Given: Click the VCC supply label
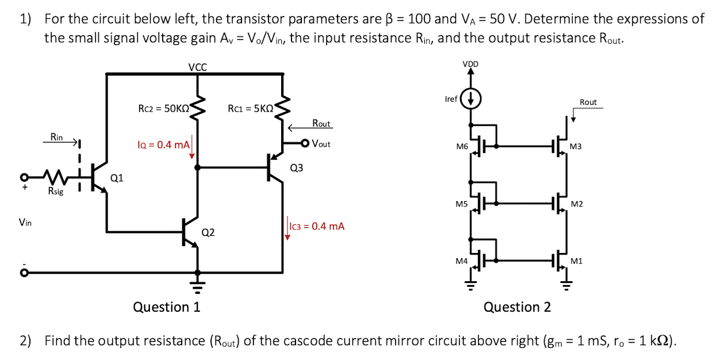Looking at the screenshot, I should pos(198,67).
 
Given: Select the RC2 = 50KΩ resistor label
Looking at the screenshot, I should pos(164,108).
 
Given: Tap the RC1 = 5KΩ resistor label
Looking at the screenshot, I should pos(251,108).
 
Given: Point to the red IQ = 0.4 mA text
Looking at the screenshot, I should pos(163,144).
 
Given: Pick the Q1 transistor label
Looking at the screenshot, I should pos(116,178).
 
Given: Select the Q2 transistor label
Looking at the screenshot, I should pos(208,232).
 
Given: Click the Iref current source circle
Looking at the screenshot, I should pos(471,99).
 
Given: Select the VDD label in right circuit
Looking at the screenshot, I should pos(471,63).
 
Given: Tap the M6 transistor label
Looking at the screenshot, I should pos(462,147).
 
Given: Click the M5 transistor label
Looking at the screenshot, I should pos(462,204).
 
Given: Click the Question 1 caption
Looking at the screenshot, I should pos(167,307).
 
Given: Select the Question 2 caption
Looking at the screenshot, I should pos(517,307).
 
